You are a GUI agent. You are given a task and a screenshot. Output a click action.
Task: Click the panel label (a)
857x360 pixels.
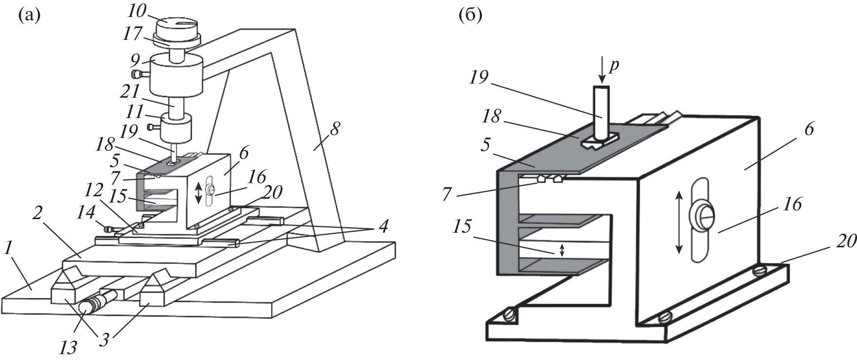28,17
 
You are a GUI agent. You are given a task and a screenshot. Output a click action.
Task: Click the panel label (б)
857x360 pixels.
470,17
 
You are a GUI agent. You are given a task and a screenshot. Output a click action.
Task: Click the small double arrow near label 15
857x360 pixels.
562,250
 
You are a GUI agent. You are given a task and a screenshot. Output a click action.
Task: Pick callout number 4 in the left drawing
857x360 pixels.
383,227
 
